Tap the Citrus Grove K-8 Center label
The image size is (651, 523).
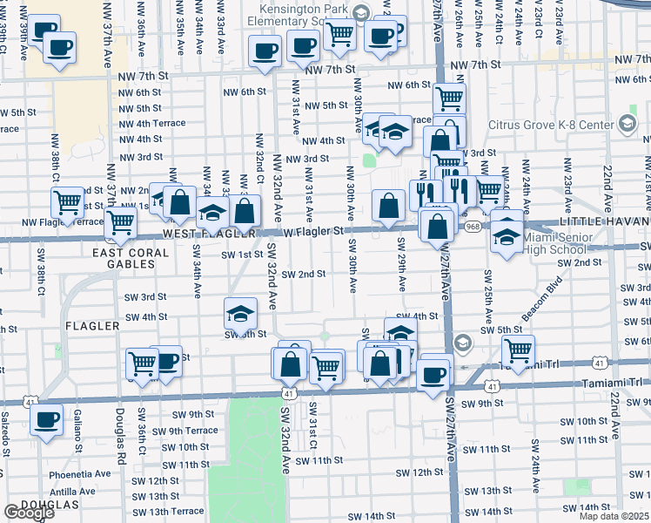(550, 125)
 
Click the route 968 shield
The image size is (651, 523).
(497, 227)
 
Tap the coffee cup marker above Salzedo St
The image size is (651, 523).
(46, 419)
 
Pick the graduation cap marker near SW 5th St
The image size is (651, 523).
(241, 313)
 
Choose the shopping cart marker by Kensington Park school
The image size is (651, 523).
(339, 35)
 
